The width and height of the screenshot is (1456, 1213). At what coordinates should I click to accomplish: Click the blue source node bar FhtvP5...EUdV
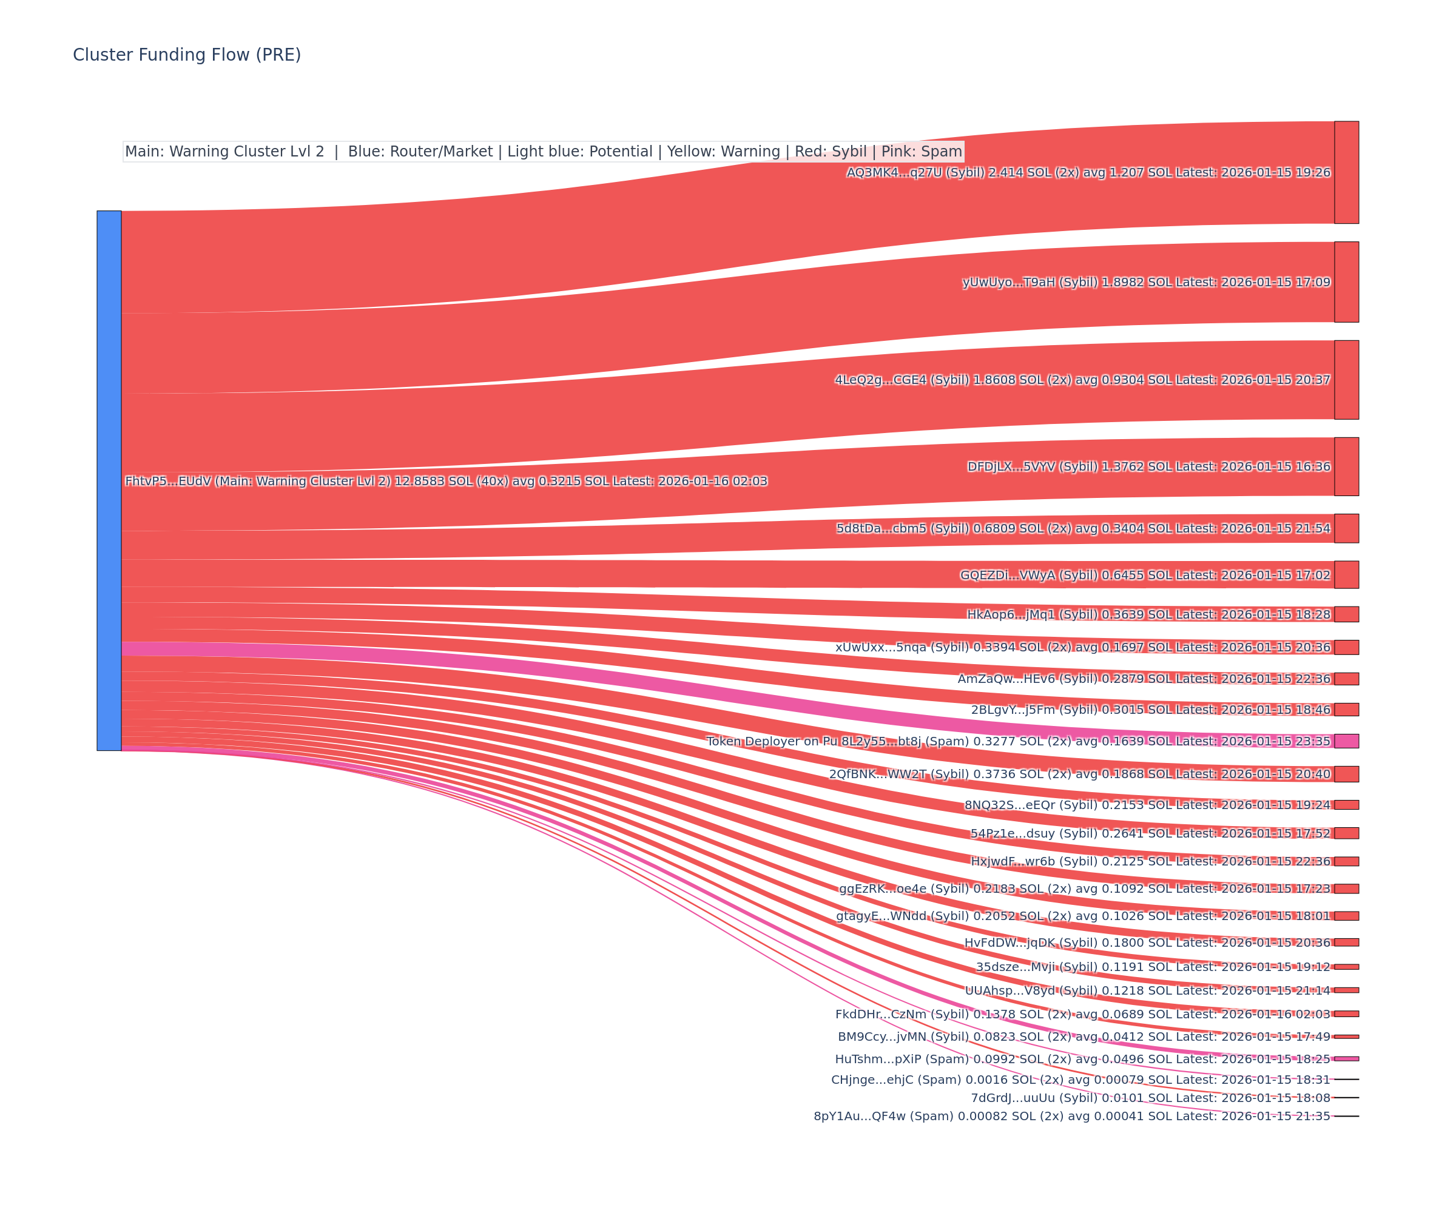click(109, 480)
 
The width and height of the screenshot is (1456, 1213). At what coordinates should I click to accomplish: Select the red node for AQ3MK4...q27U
click(1346, 172)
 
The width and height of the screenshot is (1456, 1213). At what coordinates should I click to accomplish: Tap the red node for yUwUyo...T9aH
click(1346, 281)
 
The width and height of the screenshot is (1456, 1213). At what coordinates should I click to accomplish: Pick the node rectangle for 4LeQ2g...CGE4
click(1346, 379)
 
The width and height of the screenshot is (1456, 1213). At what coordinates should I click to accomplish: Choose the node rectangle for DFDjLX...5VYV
click(1346, 466)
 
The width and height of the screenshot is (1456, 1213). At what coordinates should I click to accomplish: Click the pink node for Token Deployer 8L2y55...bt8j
click(1346, 741)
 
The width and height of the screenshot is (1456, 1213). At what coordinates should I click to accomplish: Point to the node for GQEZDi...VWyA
click(1346, 574)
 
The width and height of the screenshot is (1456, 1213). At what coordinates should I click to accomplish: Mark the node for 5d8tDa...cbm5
click(1346, 528)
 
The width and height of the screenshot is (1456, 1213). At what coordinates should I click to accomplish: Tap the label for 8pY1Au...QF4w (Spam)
click(1072, 1116)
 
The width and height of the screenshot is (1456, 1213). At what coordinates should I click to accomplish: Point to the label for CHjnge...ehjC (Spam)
click(1080, 1079)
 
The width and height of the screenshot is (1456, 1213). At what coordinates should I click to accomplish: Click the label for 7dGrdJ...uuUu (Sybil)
click(1150, 1097)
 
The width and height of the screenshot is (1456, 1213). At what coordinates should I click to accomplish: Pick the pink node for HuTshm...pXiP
click(1346, 1058)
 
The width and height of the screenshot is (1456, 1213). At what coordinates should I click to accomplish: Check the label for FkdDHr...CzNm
click(1082, 1014)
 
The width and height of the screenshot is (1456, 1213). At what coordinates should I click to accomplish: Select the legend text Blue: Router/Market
click(420, 151)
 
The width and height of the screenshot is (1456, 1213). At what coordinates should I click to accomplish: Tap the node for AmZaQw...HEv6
click(1346, 678)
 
